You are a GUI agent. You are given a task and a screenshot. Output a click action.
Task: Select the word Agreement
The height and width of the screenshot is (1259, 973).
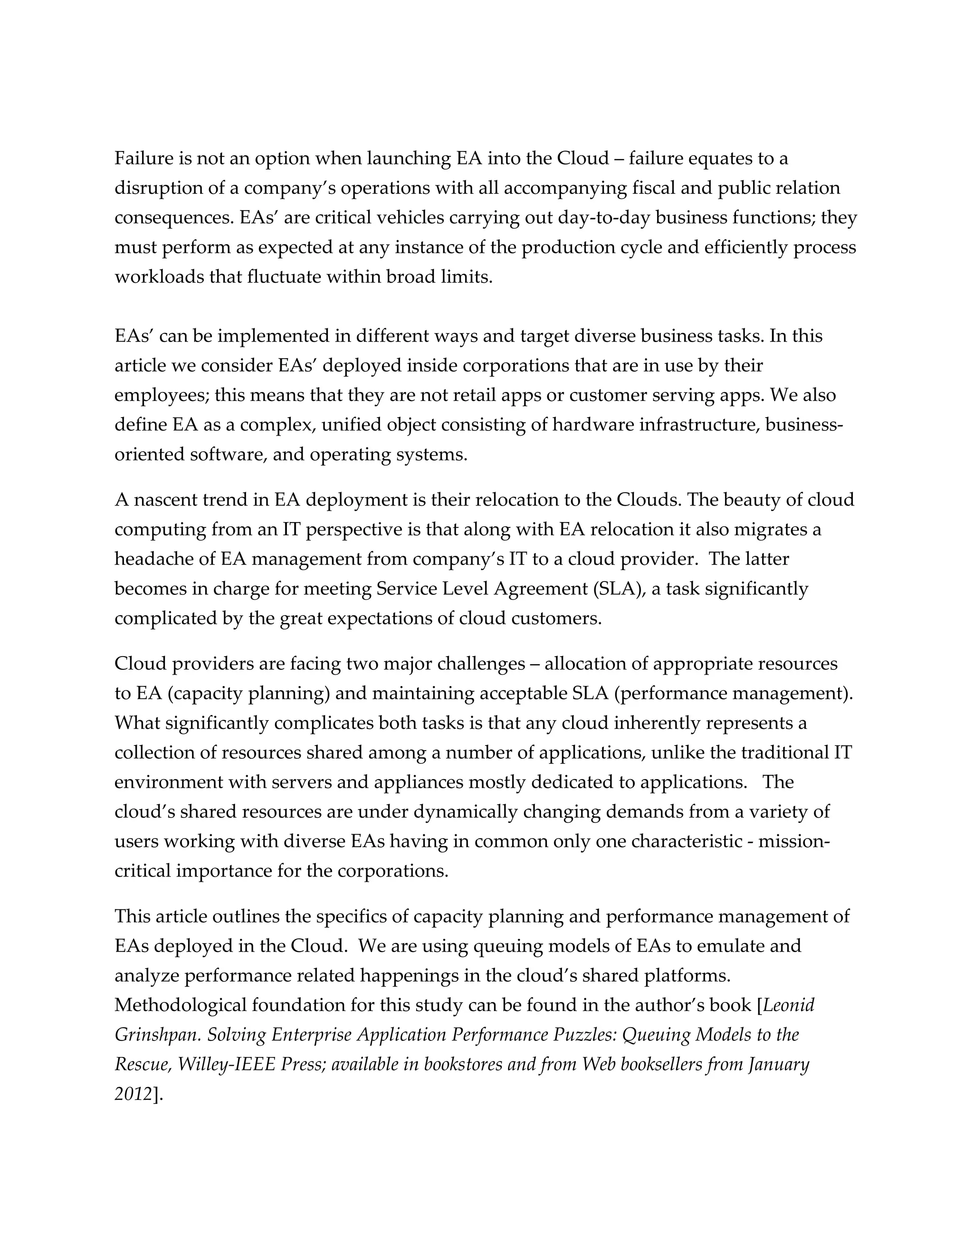pos(522,589)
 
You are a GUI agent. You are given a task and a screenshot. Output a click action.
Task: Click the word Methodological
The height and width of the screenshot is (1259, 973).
pos(181,1005)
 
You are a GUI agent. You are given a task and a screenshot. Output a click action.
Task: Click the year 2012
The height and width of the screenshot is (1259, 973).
pos(133,1094)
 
